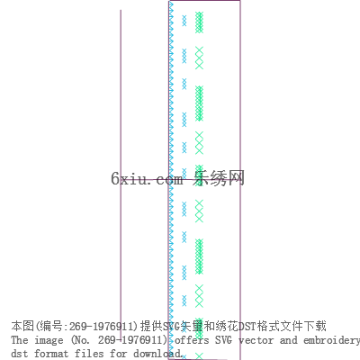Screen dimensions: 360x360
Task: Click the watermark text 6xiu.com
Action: [x=147, y=179]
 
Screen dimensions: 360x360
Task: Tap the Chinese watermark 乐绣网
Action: [x=219, y=178]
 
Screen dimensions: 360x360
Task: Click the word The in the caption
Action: [x=20, y=340]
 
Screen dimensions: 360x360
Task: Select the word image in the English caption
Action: [x=49, y=340]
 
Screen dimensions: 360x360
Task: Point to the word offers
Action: [x=192, y=340]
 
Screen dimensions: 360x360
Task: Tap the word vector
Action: [x=256, y=340]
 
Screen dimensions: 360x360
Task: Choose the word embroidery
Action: [x=331, y=341]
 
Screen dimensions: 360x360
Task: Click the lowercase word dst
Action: [x=20, y=353]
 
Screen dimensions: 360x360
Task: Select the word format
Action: [x=51, y=353]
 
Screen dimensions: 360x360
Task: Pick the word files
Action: [x=89, y=353]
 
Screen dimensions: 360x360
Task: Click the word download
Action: [x=157, y=353]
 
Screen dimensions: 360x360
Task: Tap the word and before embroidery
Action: [x=288, y=340]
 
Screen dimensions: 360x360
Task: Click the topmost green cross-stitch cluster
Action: [x=199, y=22]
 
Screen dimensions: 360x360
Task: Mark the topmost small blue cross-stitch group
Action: [x=184, y=21]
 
